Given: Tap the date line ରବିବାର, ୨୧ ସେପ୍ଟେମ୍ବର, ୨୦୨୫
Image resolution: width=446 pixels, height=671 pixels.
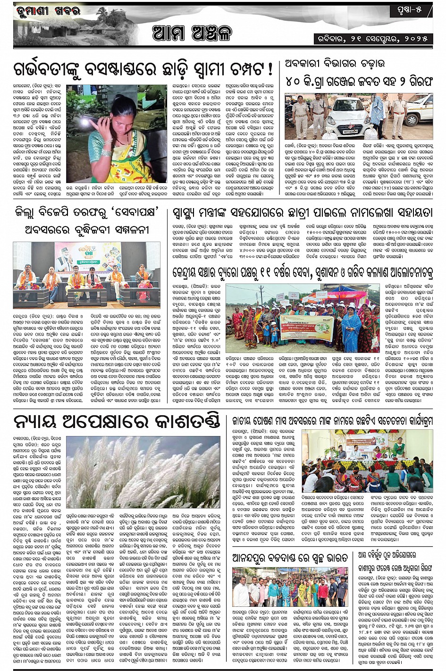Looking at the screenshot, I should click(373, 39).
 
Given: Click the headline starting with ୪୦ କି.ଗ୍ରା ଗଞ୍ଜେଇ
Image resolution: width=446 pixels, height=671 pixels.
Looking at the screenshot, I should click(359, 81).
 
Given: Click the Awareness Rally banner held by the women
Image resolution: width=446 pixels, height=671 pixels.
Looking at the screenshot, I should click(307, 326).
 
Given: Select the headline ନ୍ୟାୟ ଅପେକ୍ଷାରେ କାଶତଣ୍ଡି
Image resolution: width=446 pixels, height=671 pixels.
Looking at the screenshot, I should click(117, 421).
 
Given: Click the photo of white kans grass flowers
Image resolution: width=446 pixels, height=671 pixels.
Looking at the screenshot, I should click(143, 472).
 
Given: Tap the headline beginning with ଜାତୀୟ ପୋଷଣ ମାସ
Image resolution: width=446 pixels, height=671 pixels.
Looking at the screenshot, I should click(332, 421).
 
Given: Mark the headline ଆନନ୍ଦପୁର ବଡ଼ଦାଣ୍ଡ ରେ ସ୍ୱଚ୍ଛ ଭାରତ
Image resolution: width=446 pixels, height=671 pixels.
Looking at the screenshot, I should click(290, 559).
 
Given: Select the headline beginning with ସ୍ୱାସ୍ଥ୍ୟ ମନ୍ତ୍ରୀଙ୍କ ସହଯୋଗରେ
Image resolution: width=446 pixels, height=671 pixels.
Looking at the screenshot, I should click(302, 212).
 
